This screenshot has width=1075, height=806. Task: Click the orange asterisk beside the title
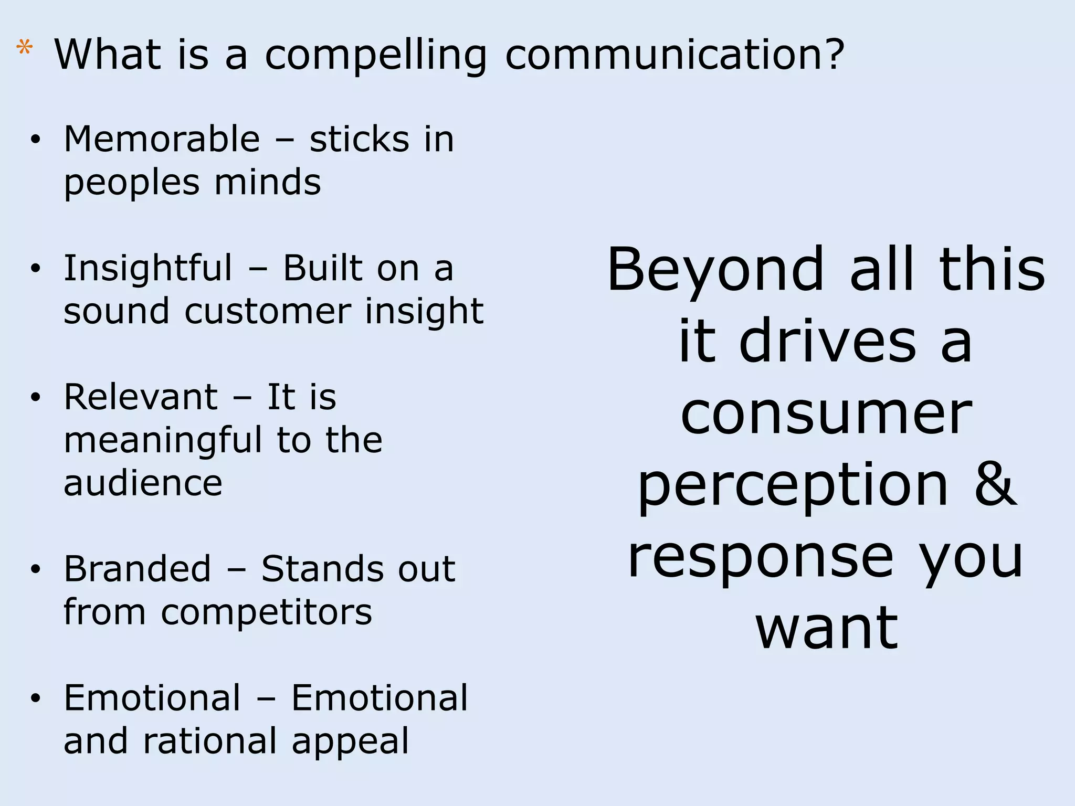click(x=24, y=48)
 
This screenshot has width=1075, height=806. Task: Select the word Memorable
click(x=162, y=140)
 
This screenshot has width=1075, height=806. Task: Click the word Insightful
click(x=147, y=268)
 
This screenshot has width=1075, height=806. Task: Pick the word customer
click(x=267, y=311)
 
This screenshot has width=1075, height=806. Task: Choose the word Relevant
click(x=141, y=397)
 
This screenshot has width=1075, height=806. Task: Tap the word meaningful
click(x=163, y=441)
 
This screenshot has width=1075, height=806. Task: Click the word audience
click(x=143, y=483)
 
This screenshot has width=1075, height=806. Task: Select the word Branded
click(x=137, y=569)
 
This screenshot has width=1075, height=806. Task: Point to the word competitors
click(x=267, y=612)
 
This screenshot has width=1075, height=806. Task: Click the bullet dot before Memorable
click(x=35, y=140)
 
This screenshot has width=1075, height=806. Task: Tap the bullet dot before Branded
click(x=35, y=569)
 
